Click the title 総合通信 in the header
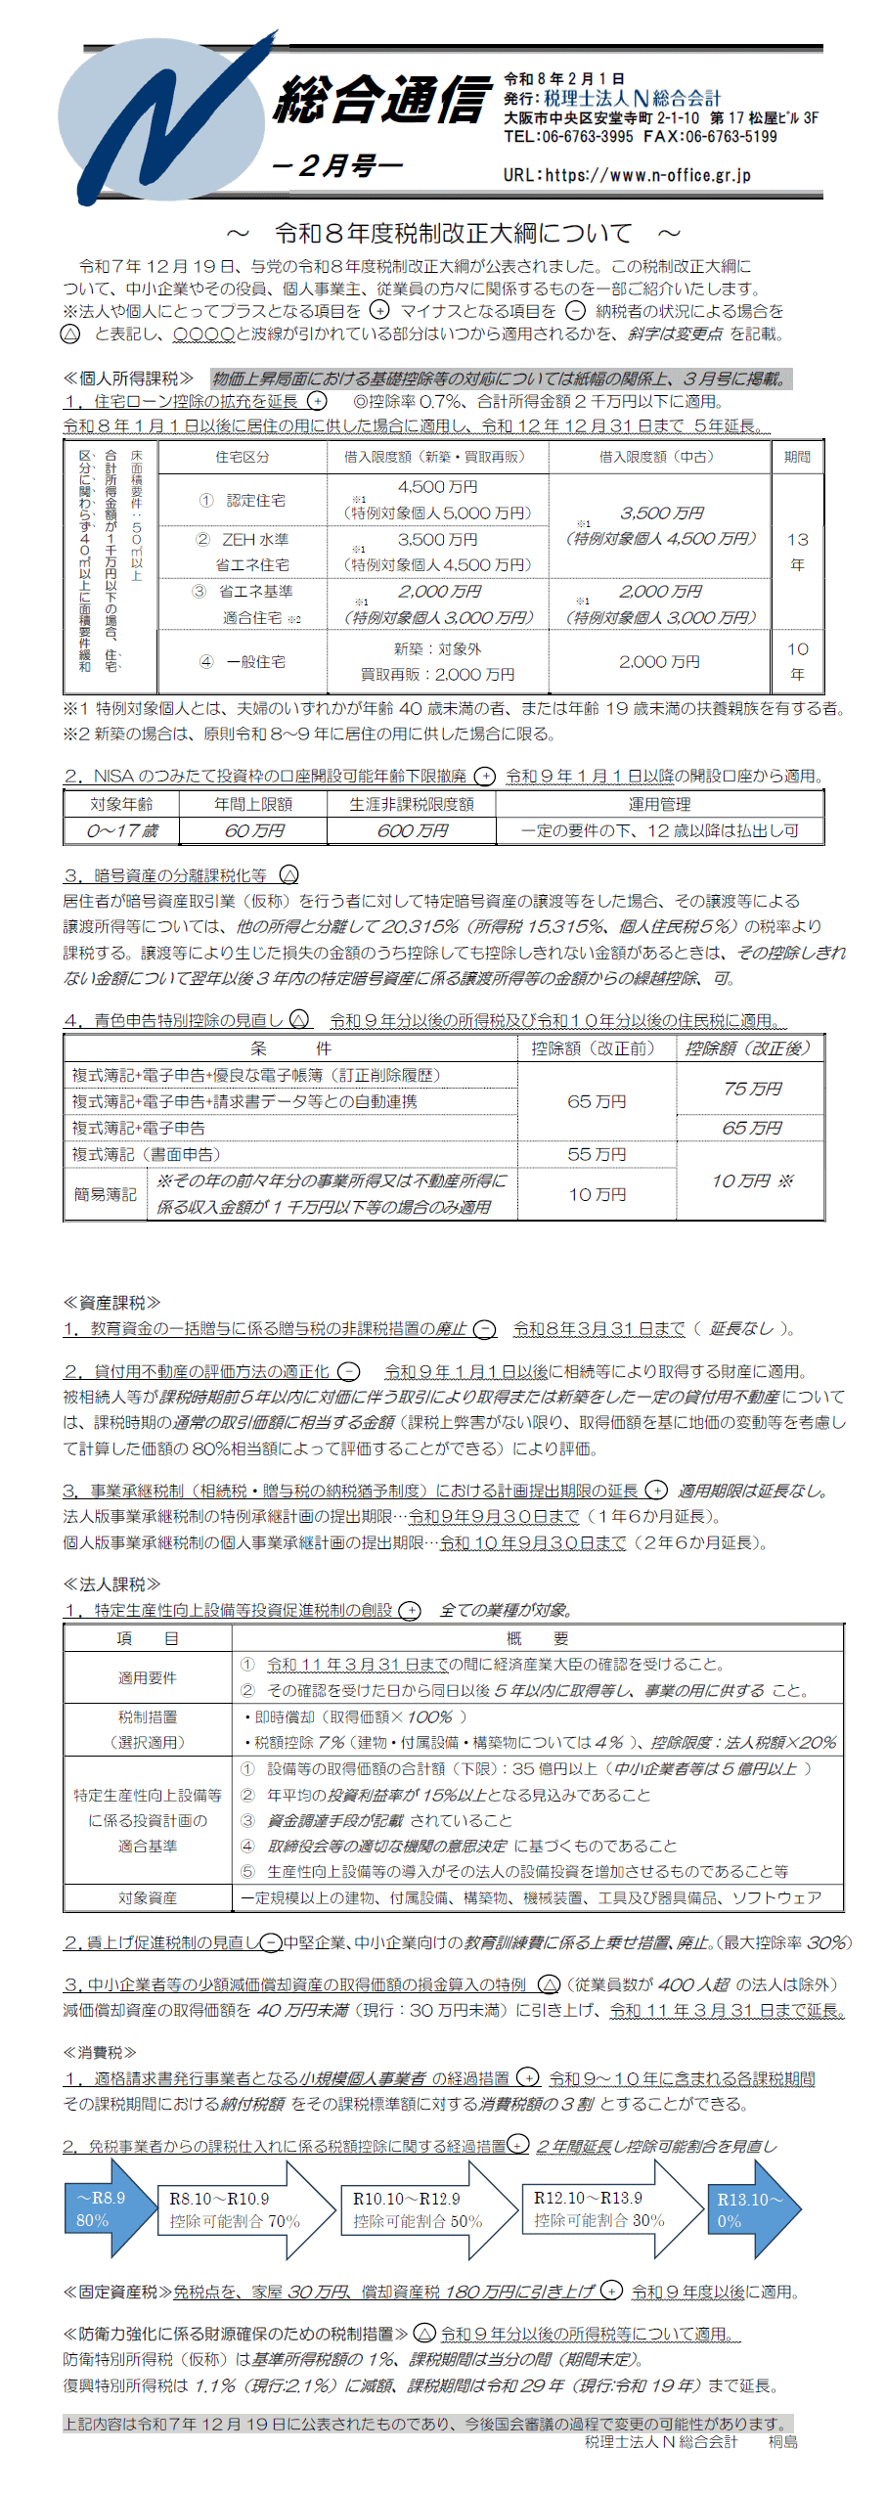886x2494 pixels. coord(382,100)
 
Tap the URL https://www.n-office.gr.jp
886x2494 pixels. coord(627,175)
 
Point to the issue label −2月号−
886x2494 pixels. coord(337,165)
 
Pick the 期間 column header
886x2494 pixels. coord(797,457)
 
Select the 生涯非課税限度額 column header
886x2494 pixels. coord(412,804)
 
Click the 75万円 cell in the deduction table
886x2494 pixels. coord(751,1089)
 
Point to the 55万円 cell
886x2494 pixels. coord(597,1154)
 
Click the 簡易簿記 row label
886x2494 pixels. coord(105,1194)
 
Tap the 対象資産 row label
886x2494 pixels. coord(148,1897)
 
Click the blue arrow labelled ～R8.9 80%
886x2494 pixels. coord(106,2208)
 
